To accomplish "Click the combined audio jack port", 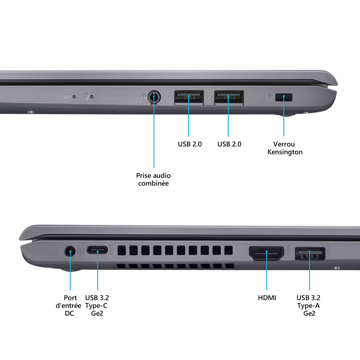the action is point(154,97).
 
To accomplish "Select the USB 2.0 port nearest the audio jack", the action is point(189,97).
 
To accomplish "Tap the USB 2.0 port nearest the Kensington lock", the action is point(229,97).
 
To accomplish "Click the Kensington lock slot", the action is point(284,97).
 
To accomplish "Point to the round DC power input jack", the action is point(70,252).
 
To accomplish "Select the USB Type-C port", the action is point(97,250).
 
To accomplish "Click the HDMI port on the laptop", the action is point(266,253).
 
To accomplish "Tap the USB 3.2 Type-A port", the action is point(310,254).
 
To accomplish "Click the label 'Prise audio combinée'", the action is point(153,179).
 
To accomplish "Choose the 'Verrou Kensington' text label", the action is point(285,148).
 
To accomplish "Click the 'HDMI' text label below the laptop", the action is point(267,298).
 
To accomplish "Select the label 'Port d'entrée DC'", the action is point(69,306).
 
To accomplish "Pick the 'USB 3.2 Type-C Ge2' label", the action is point(97,306).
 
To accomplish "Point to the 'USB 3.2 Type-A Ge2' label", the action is point(308,306).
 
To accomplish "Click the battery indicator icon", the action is point(68,97).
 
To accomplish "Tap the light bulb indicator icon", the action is point(86,96).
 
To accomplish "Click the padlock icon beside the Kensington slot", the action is point(269,97).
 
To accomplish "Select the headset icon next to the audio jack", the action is point(144,97).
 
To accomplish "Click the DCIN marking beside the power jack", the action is point(81,251).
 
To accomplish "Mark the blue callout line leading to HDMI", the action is point(266,271).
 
